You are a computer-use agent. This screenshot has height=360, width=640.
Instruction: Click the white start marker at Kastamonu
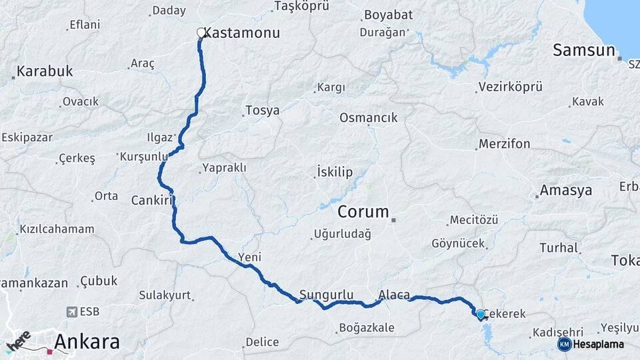click(x=201, y=32)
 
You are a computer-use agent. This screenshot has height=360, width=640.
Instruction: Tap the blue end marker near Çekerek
click(x=480, y=313)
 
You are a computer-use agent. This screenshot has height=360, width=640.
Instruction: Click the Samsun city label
click(x=583, y=50)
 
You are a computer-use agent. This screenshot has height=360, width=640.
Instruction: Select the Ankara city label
click(x=87, y=342)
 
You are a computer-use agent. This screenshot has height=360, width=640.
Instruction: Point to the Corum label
click(x=363, y=212)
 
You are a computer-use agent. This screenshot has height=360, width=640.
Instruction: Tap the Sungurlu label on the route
click(x=325, y=295)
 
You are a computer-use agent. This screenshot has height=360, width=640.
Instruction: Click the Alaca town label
click(x=394, y=295)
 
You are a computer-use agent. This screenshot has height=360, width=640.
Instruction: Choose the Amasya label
click(x=566, y=191)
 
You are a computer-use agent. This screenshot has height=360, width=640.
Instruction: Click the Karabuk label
click(x=45, y=71)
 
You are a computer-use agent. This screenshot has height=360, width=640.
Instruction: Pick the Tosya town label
click(x=262, y=111)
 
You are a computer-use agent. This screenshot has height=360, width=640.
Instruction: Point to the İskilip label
click(x=335, y=173)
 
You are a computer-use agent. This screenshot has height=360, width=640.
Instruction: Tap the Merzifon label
click(x=504, y=144)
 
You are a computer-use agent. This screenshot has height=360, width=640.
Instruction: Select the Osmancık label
click(x=368, y=118)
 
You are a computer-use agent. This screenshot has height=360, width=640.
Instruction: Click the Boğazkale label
click(x=367, y=327)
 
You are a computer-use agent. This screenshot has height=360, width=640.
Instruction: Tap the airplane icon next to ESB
click(x=72, y=311)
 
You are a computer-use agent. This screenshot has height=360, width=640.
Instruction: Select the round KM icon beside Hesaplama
click(x=564, y=344)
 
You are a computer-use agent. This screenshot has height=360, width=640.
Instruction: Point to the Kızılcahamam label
click(x=57, y=229)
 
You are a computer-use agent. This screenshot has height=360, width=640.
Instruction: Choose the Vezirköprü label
click(x=510, y=87)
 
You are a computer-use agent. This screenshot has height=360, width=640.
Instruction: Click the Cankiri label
click(x=152, y=200)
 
